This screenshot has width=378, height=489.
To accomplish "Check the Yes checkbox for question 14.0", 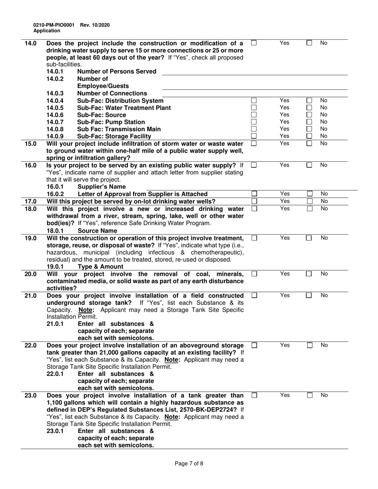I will point(254,43).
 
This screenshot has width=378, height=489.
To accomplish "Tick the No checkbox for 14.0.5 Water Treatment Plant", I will point(309,108).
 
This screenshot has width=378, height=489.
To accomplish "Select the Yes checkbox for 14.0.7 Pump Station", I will point(254,122).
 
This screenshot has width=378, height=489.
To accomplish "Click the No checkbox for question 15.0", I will point(309,143).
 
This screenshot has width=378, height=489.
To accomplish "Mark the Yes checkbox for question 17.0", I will point(254,201).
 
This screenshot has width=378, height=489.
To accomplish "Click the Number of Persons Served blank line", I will point(255,72).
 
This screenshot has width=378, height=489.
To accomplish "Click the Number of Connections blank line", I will point(255,93).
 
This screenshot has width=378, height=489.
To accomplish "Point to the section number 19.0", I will point(31,238).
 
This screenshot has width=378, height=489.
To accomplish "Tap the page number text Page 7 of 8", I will point(189,463).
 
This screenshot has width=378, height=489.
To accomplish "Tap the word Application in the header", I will point(47,31).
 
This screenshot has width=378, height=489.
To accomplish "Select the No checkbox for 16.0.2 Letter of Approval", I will point(309,194).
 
